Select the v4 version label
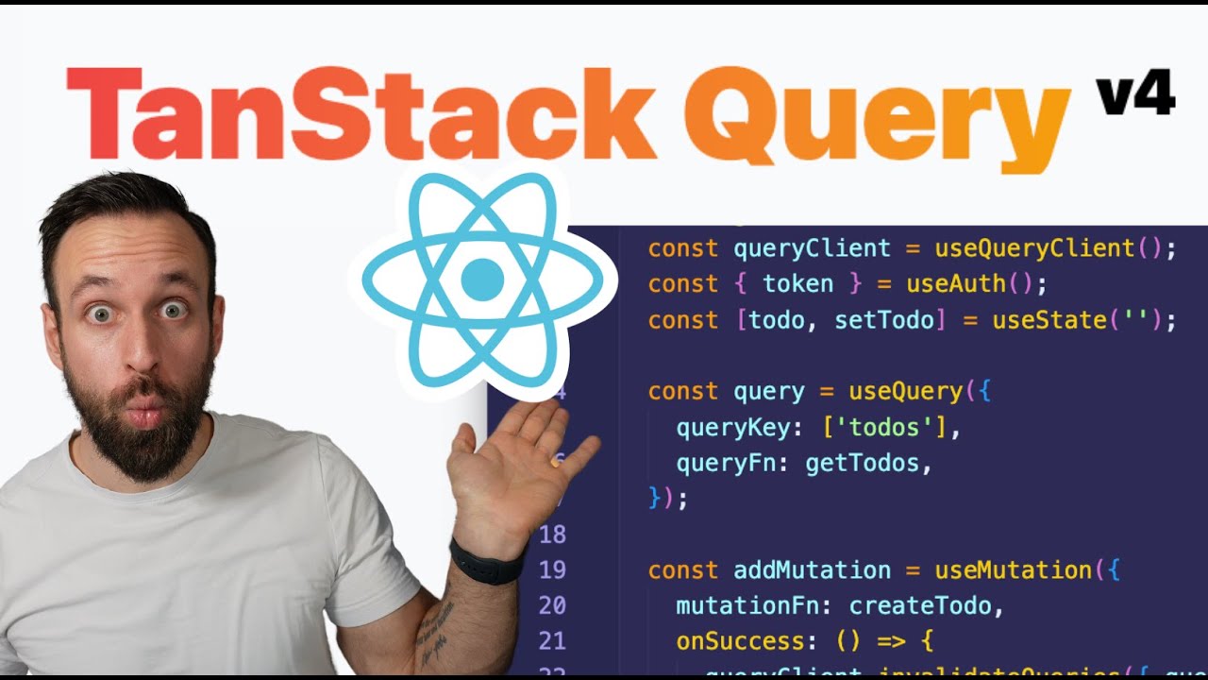1134,94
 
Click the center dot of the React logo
482,280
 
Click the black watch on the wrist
486,561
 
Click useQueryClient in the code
1033,248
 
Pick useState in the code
1048,320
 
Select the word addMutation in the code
812,570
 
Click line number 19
552,570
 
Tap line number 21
552,642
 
